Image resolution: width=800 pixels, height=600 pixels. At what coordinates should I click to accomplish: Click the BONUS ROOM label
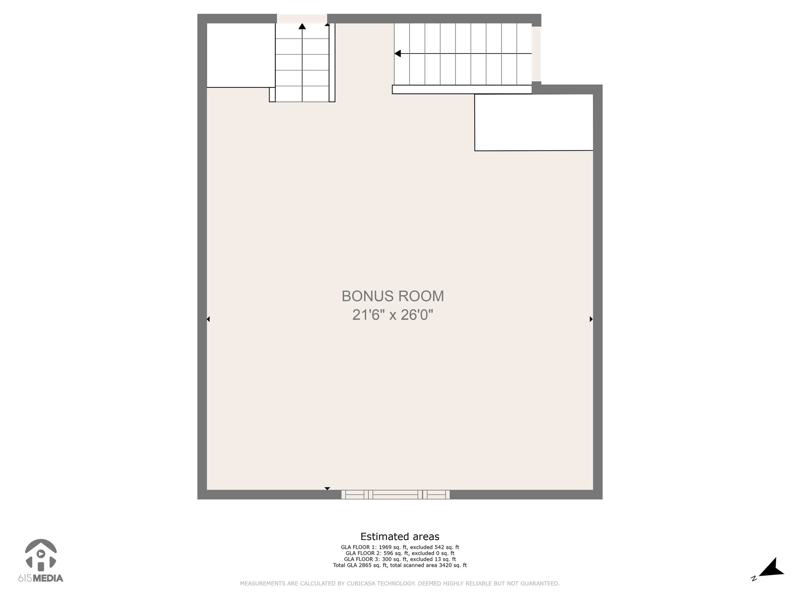(393, 296)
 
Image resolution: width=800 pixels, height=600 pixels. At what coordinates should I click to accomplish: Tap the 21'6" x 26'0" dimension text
(393, 315)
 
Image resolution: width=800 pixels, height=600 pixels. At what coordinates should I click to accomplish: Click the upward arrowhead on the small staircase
(302, 27)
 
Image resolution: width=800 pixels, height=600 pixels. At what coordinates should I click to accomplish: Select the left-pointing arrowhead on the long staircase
(398, 54)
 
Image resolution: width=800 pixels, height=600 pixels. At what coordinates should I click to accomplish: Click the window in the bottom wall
(395, 495)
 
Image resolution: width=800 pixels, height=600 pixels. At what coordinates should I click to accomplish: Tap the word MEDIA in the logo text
(48, 579)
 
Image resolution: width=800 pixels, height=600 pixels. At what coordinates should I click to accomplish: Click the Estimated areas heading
(400, 536)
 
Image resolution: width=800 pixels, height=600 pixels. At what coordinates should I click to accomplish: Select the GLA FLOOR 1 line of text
(400, 547)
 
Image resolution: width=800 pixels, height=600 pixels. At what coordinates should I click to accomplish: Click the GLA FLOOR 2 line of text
(400, 553)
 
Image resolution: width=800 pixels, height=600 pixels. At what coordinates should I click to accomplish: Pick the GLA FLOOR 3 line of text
(400, 559)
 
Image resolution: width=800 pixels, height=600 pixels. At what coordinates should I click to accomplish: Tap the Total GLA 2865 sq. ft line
(400, 565)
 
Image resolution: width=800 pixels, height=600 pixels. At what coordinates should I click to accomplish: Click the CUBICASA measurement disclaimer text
(400, 584)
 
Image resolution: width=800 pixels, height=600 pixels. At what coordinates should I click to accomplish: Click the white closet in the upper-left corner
(241, 55)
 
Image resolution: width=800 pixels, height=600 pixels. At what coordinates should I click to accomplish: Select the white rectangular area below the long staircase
(534, 122)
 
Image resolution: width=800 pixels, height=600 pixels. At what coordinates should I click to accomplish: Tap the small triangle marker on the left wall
(208, 319)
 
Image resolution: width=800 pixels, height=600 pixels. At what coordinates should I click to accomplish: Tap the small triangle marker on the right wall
(591, 319)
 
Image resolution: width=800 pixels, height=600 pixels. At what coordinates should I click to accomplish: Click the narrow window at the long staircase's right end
(536, 54)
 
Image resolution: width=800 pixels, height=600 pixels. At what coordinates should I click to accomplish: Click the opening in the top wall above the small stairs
(302, 18)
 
